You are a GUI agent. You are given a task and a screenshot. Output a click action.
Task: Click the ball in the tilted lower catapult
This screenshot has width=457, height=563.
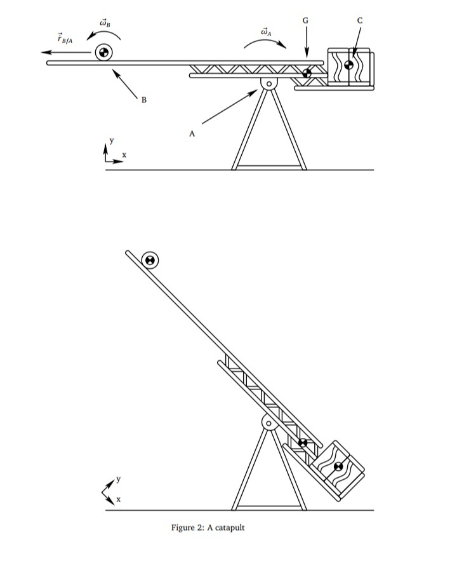[x=150, y=259]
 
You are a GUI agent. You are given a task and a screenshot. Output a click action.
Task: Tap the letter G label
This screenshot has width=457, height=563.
[x=307, y=20]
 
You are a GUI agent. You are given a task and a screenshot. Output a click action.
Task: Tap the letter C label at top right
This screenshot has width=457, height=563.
[x=360, y=20]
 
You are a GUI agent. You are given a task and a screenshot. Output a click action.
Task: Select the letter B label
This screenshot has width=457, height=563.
[x=144, y=100]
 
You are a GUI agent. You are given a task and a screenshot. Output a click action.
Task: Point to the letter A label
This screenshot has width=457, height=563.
[x=192, y=134]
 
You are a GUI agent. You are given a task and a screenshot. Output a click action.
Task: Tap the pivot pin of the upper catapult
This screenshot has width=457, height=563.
[x=268, y=83]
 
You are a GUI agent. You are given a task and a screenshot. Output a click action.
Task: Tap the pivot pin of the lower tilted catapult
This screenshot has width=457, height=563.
[x=268, y=423]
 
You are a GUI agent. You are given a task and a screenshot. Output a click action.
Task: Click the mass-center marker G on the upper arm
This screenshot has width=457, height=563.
[x=307, y=72]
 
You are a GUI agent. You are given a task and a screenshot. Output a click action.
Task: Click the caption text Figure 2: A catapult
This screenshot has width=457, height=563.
[x=208, y=527]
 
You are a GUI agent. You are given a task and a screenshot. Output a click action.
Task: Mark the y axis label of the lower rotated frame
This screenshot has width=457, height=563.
[x=118, y=478]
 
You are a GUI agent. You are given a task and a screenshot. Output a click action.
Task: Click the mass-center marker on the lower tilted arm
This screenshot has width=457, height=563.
[x=303, y=442]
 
